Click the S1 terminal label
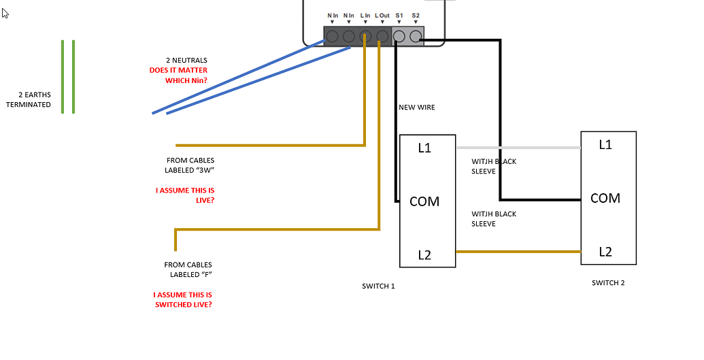pyautogui.click(x=399, y=15)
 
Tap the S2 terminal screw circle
pyautogui.click(x=416, y=36)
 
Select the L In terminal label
pyautogui.click(x=365, y=15)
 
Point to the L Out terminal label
pyautogui.click(x=382, y=15)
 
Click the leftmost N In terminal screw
pyautogui.click(x=332, y=36)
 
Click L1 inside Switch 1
pyautogui.click(x=424, y=148)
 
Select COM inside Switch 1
pyautogui.click(x=424, y=201)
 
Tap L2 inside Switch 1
pyautogui.click(x=424, y=255)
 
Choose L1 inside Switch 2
pyautogui.click(x=605, y=144)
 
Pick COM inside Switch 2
pyautogui.click(x=605, y=198)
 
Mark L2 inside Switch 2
pyautogui.click(x=605, y=252)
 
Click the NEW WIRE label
pyautogui.click(x=416, y=108)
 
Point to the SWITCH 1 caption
pyautogui.click(x=378, y=286)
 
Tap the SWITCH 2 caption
pyautogui.click(x=608, y=282)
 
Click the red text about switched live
pyautogui.click(x=182, y=299)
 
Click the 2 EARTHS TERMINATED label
pyautogui.click(x=29, y=99)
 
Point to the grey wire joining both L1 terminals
pyautogui.click(x=517, y=148)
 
